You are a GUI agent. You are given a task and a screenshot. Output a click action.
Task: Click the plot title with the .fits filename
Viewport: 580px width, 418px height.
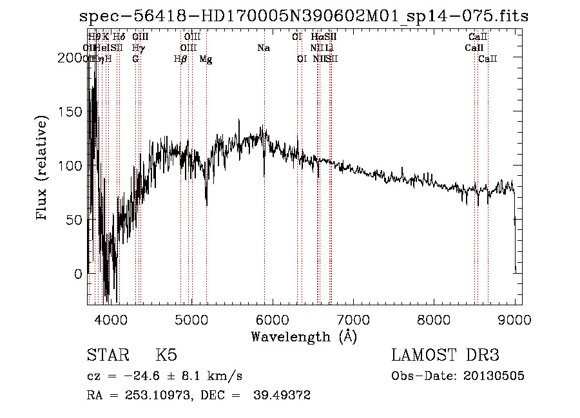coord(303,16)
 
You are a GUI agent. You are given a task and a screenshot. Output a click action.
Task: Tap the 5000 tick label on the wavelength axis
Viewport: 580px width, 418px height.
coord(191,319)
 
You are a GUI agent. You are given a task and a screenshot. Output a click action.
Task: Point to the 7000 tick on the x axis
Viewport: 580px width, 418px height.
coord(353,319)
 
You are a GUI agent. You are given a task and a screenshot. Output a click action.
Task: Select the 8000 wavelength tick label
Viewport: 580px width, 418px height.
coord(434,319)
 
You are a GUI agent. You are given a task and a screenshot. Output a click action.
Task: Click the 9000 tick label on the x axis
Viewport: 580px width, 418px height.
coord(515,319)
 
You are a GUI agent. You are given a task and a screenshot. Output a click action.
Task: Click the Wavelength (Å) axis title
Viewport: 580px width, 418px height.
coord(304,336)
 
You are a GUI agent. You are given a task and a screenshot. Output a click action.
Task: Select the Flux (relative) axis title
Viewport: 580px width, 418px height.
coord(43,169)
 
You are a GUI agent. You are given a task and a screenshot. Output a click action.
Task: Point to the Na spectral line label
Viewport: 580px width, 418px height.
coord(263,48)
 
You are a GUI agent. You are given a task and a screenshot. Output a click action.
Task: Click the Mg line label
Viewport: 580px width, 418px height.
coord(206,59)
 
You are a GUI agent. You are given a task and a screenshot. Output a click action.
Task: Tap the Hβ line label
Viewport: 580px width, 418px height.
coord(180,59)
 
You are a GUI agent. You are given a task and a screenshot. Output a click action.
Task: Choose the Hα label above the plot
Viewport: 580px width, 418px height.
coord(316,37)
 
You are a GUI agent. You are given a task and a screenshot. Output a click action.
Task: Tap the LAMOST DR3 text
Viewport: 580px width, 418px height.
coord(445,356)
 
